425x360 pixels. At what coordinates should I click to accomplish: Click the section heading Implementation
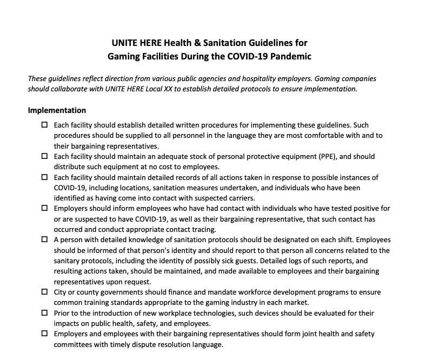pyautogui.click(x=57, y=110)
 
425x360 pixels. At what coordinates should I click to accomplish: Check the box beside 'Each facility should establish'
pyautogui.click(x=44, y=125)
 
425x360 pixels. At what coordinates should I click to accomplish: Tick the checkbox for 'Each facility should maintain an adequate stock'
pyautogui.click(x=44, y=156)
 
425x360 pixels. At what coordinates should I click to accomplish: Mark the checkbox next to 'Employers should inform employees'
pyautogui.click(x=44, y=208)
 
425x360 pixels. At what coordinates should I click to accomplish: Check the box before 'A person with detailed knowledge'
pyautogui.click(x=44, y=239)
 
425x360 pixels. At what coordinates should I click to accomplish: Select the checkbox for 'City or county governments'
pyautogui.click(x=44, y=292)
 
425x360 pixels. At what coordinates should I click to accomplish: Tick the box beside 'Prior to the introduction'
pyautogui.click(x=44, y=313)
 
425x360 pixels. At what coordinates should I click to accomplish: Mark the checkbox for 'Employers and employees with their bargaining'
pyautogui.click(x=44, y=334)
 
